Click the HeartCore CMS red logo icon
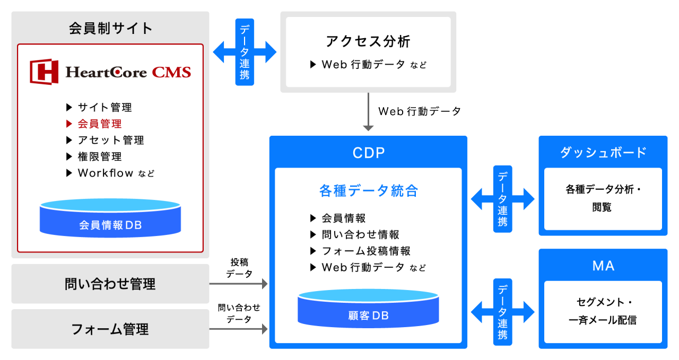[44, 72]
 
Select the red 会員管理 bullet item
[99, 124]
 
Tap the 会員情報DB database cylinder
[110, 218]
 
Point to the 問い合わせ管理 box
[110, 284]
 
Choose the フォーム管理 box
[110, 329]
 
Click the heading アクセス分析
[368, 41]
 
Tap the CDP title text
[368, 153]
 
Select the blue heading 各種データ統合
[368, 191]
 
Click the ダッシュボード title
[603, 152]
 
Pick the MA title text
[603, 265]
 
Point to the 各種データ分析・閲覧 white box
[603, 199]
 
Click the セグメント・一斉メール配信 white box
[603, 311]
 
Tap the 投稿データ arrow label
[239, 268]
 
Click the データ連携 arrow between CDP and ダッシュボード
[503, 199]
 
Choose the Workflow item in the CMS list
[106, 173]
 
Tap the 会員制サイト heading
[110, 28]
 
